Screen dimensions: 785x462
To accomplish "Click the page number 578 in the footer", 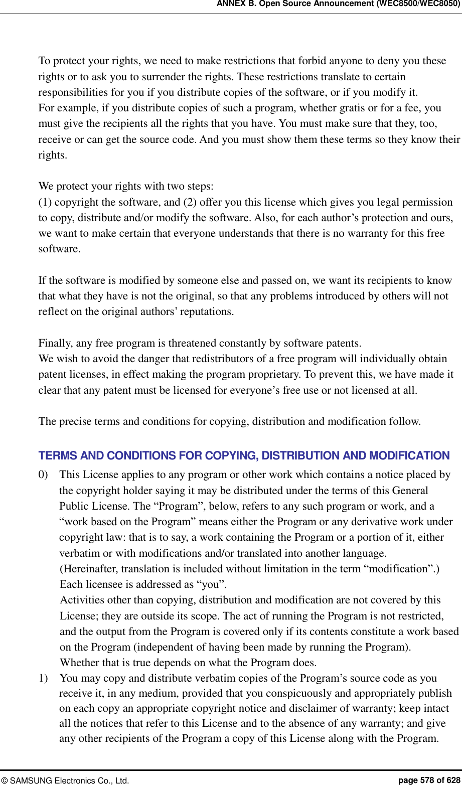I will click(427, 780).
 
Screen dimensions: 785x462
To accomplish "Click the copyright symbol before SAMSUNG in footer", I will click(5, 780).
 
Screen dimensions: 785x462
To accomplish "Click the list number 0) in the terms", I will click(44, 475).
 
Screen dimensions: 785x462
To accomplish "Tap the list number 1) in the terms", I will click(44, 678).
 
